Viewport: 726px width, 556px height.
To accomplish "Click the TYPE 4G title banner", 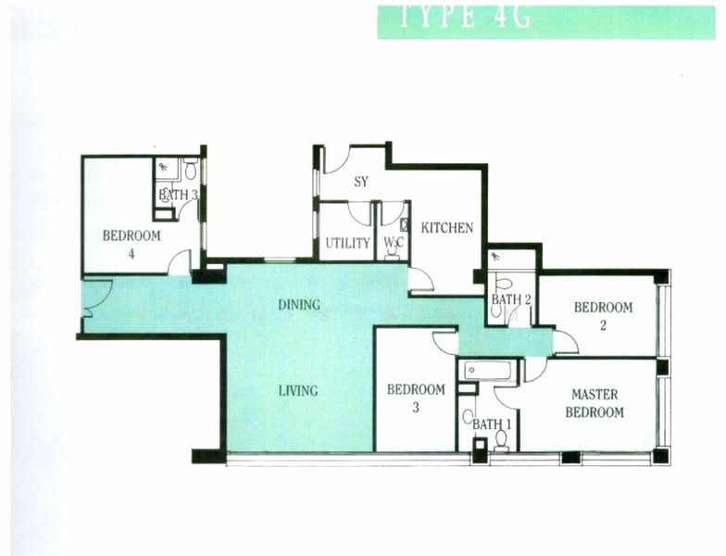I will (546, 21).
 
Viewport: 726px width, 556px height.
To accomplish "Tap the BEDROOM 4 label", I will (131, 243).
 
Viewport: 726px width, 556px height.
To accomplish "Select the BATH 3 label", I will (178, 196).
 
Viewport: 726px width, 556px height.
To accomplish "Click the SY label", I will (361, 182).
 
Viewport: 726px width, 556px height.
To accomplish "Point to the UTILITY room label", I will (347, 244).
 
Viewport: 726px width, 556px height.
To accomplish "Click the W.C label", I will (392, 244).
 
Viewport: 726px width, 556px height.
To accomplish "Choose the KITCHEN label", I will (447, 228).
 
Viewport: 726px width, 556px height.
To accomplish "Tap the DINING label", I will (299, 304).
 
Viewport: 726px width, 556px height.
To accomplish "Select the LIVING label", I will (298, 390).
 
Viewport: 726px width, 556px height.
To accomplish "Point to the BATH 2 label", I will (509, 299).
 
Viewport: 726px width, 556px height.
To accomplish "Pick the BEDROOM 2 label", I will (603, 316).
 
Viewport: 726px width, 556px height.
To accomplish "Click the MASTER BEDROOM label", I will (595, 403).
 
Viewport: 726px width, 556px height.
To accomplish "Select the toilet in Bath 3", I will (190, 170).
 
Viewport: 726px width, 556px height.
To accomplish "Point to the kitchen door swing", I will (420, 280).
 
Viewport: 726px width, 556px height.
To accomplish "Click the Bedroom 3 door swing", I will (445, 343).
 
